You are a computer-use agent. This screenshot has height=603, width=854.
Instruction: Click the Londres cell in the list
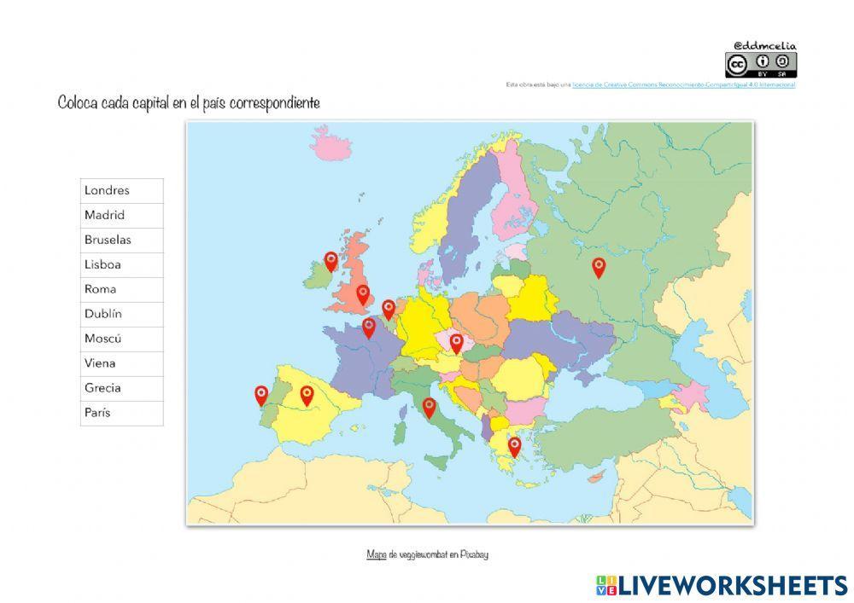coord(121,190)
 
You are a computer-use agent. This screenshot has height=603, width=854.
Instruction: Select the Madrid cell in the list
coord(121,215)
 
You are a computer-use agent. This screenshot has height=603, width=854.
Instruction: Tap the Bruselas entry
coord(121,240)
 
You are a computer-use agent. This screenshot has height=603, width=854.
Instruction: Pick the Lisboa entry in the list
coord(121,264)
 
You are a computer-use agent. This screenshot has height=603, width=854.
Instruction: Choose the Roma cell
coord(121,289)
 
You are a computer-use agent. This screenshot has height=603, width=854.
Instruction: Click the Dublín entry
coord(121,314)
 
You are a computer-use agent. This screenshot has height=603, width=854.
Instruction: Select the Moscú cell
coord(121,339)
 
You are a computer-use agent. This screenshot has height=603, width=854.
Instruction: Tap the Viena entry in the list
coord(121,363)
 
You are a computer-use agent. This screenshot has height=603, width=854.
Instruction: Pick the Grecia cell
coord(121,388)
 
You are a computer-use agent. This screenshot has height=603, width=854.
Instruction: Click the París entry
coord(121,413)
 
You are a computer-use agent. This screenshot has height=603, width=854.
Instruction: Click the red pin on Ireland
coord(331,260)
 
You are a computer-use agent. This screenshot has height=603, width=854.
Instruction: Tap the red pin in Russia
coord(599,267)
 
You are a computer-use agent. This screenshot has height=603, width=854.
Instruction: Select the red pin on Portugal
coord(261,394)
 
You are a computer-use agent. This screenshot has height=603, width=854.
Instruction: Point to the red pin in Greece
coord(514,445)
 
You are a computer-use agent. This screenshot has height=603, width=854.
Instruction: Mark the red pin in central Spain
coord(307,394)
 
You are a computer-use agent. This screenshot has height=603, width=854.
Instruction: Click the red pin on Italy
coord(429,407)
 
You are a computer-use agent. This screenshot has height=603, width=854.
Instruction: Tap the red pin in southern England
coord(363,294)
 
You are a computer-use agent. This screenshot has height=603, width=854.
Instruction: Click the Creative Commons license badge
coord(760,65)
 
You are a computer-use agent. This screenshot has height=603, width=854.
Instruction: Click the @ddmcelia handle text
coord(764,45)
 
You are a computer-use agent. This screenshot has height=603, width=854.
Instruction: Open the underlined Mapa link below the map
coord(376,554)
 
